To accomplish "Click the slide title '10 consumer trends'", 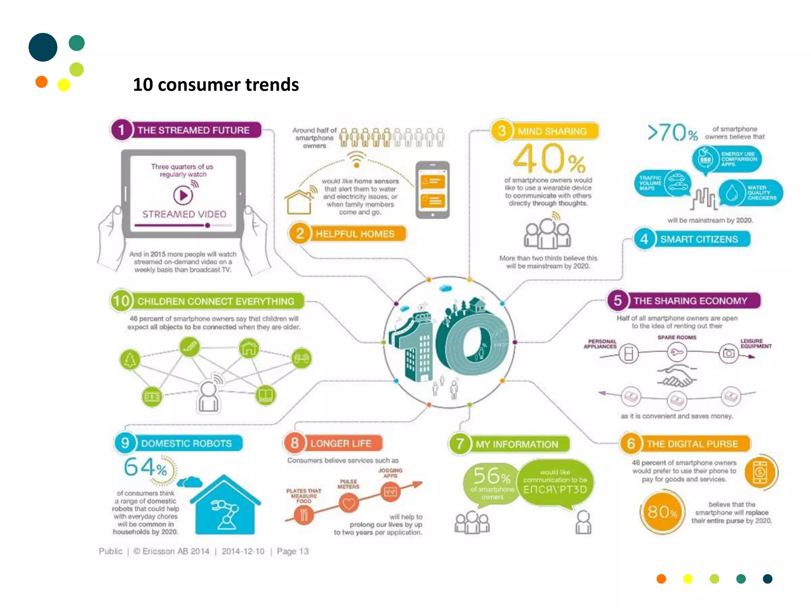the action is (216, 85).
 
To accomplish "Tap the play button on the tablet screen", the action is (183, 195).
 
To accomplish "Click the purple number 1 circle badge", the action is (121, 130).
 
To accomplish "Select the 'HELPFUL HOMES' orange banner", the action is (354, 234).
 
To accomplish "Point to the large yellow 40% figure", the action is (549, 159).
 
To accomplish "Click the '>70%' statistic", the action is (672, 133).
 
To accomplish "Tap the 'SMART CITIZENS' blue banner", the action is (699, 239).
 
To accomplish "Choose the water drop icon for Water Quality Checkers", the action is (732, 193).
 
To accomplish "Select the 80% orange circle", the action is (662, 512).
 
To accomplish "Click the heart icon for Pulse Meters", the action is (348, 503).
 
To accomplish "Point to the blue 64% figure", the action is (145, 468).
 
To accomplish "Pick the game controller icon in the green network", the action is (302, 358).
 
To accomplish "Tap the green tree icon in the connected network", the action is (130, 360).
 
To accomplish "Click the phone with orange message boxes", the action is (432, 190).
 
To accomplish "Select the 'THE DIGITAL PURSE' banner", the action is (692, 444).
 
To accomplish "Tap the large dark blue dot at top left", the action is (43, 47).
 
